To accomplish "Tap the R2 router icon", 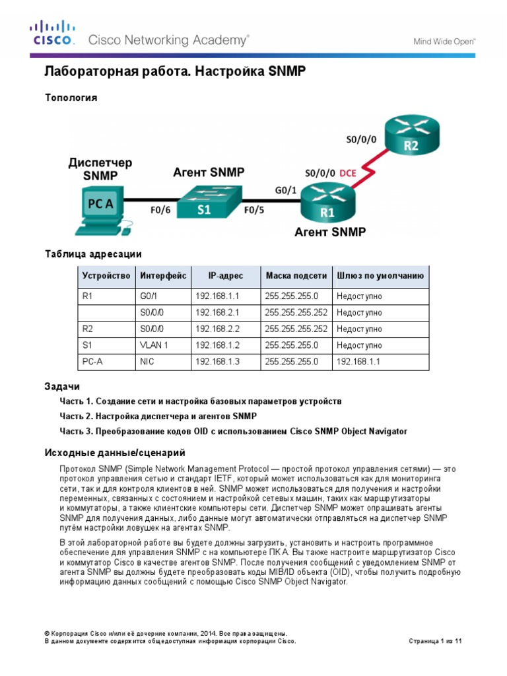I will point(411,135).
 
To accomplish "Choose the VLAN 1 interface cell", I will point(154,345).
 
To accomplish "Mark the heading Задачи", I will point(62,386).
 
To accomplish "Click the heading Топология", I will point(71,98).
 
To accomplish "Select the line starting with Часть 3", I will point(233,431).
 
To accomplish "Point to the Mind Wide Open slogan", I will point(444,41).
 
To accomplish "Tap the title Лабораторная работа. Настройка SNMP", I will point(175,71).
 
